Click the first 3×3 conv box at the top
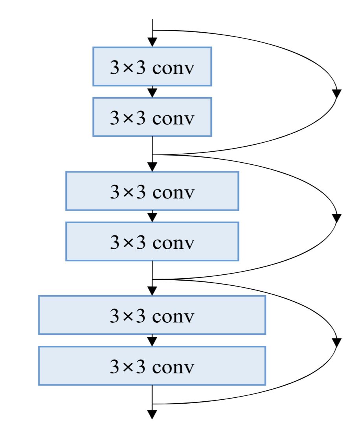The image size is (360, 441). (x=152, y=66)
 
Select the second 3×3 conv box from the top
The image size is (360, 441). (x=152, y=117)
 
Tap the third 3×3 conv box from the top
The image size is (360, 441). (x=152, y=191)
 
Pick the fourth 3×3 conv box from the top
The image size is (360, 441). (x=152, y=241)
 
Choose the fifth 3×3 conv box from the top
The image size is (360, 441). (x=152, y=315)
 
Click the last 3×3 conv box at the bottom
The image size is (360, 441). (x=152, y=366)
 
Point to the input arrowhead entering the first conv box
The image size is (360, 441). (x=152, y=42)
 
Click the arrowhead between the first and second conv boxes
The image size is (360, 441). (x=152, y=93)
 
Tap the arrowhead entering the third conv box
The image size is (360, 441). (x=152, y=167)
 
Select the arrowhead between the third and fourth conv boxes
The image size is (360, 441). (x=152, y=217)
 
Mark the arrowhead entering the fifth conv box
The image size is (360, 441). (x=152, y=291)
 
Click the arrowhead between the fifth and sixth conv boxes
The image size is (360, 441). (x=152, y=342)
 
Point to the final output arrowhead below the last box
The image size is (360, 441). (x=152, y=415)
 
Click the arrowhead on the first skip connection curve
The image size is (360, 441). (x=337, y=94)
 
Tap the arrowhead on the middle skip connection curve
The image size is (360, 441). (x=337, y=218)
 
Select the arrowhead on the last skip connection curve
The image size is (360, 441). (x=337, y=343)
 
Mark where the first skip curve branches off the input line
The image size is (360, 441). (x=152, y=30)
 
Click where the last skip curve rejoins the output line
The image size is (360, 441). (x=152, y=404)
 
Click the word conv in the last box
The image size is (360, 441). (x=173, y=366)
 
